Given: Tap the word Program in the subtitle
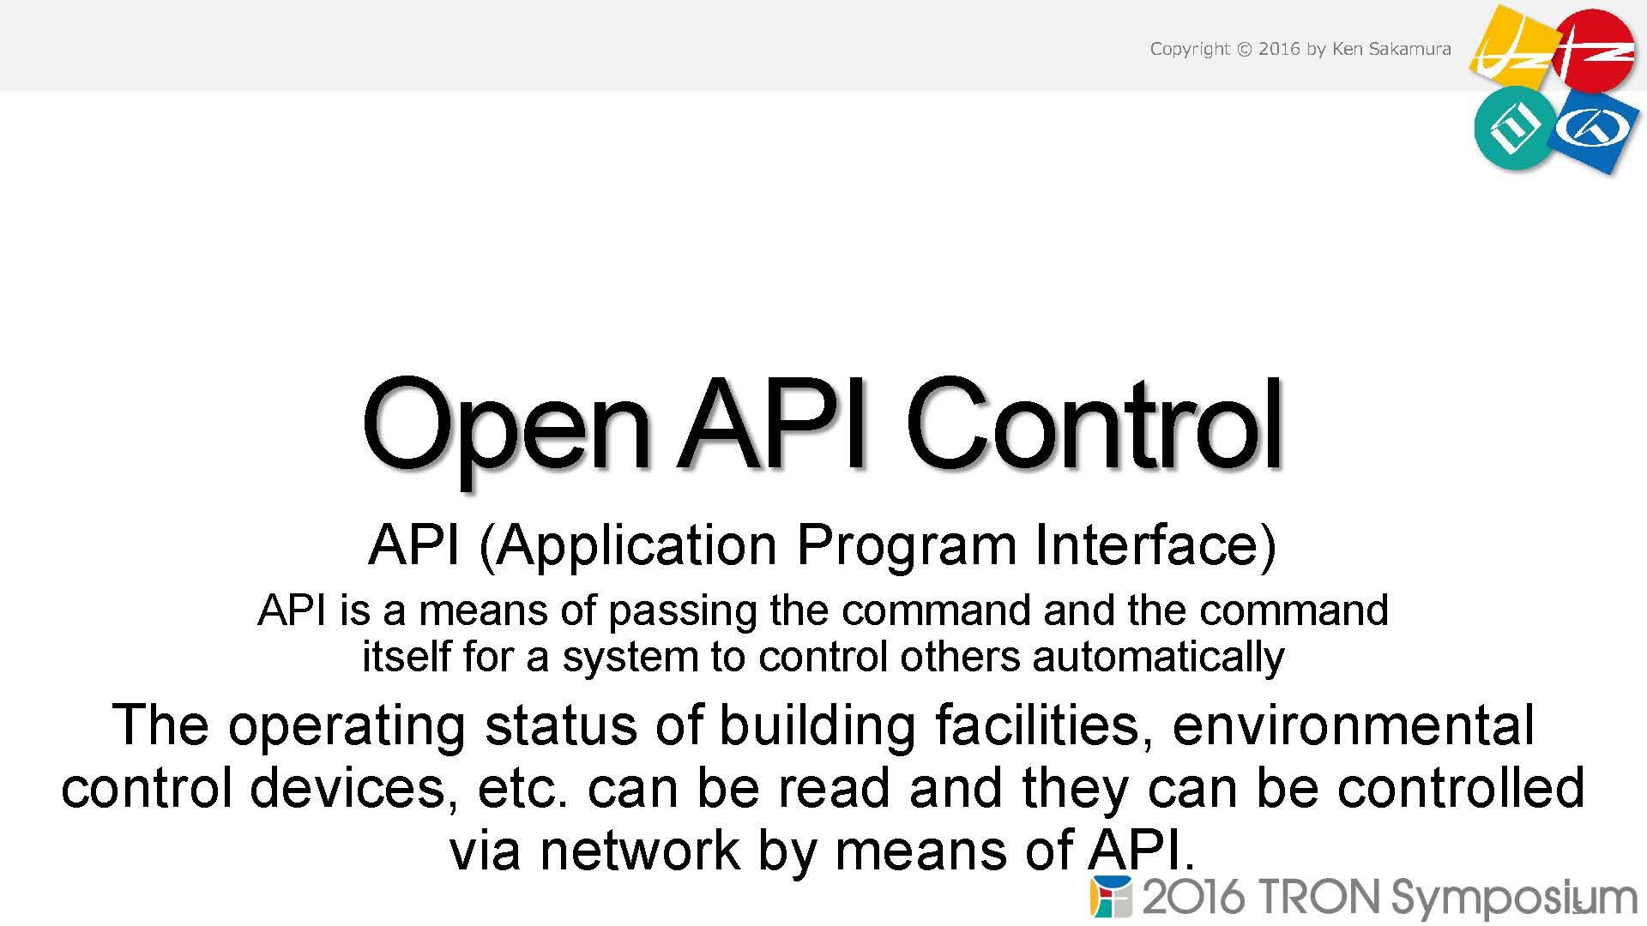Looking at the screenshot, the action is [x=907, y=547].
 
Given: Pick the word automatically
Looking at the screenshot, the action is [x=1158, y=658].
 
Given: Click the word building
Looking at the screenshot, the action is [x=817, y=725].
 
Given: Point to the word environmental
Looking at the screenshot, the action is [x=1353, y=725].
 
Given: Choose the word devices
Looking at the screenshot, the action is [x=348, y=789].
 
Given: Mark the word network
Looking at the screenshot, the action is [x=639, y=851].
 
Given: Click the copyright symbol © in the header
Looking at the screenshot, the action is [x=1245, y=49].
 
